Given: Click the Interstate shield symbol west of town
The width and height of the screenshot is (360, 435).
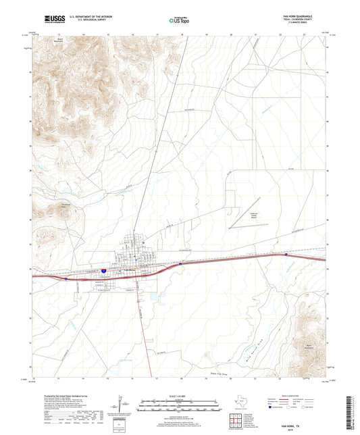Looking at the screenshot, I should click(105, 271).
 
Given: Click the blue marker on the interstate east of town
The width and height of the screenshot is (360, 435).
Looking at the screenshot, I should click(286, 255).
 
